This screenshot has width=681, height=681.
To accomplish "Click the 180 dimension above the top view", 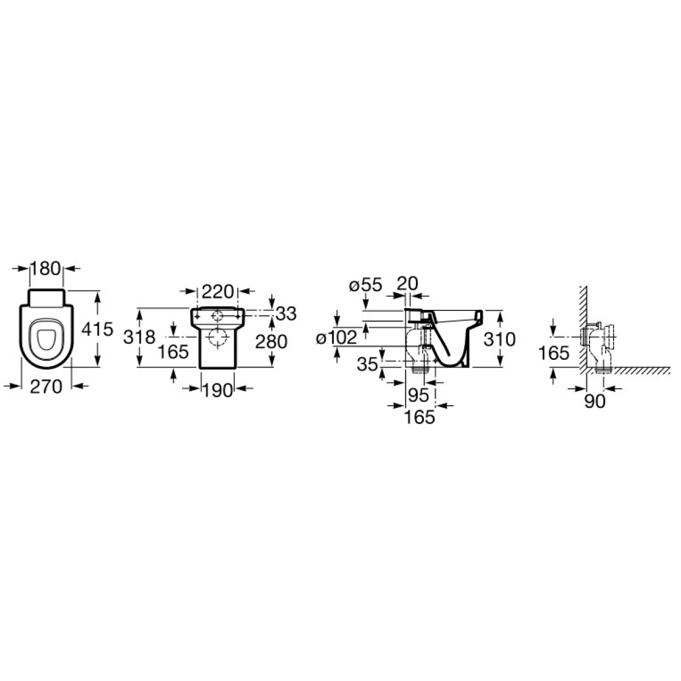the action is coord(46,269).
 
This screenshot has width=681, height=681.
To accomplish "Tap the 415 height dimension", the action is coord(97,329).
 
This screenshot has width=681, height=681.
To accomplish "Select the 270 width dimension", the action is coord(46,386).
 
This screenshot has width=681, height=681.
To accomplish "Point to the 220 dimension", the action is coord(218,292).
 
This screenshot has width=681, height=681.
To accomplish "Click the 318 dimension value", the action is coord(139,337).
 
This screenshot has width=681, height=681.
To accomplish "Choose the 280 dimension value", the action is coord(271,342).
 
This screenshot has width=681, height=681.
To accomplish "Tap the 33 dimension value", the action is coord(286,313).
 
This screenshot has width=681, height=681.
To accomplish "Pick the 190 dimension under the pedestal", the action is coord(217,391).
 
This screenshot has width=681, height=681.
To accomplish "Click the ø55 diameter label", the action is coord(366,285).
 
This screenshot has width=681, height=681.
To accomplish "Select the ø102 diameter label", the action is coord(337,338).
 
